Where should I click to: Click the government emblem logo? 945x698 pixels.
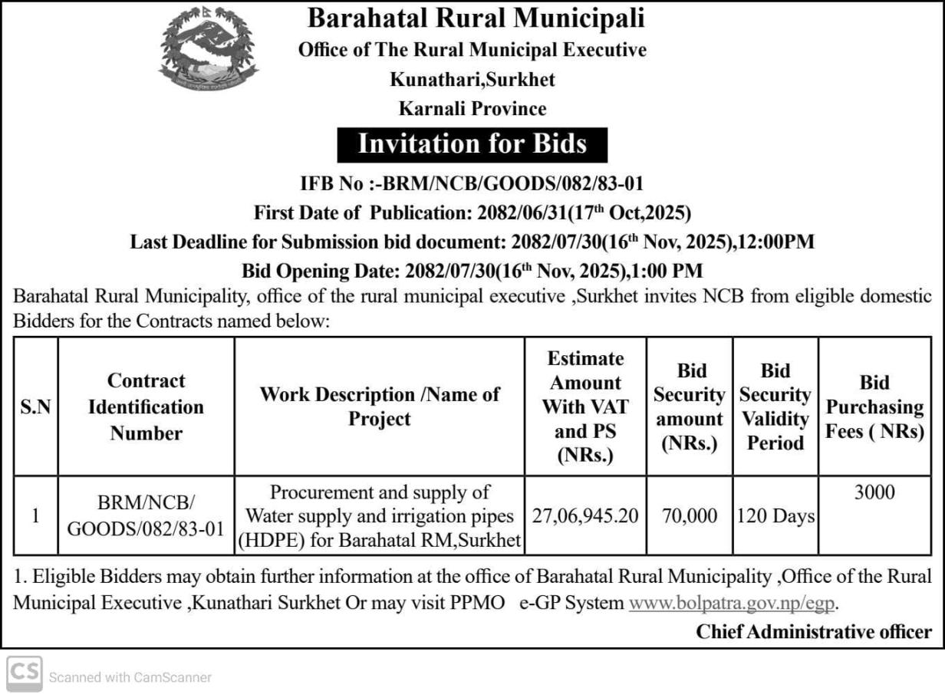208,50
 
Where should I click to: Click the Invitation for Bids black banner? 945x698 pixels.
472,144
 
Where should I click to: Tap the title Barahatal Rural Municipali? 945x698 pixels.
476,18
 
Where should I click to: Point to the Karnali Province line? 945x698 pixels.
472,108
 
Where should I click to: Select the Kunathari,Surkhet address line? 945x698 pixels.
472,79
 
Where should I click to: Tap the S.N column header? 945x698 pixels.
35,407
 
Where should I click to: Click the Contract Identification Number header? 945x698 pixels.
146,407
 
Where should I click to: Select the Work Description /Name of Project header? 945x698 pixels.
380,407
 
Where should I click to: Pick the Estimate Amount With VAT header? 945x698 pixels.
586,407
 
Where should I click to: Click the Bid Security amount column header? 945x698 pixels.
690,407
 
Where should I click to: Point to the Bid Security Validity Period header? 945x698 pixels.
775,407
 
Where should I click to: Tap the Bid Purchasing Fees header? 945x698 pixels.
874,407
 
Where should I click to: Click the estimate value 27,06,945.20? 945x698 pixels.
585,516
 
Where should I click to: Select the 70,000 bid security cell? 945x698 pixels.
690,516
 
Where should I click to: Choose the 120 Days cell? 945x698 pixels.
775,516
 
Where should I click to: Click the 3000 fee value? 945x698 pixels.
874,492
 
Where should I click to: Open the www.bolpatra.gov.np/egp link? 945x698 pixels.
732,602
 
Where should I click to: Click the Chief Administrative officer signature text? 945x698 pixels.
814,631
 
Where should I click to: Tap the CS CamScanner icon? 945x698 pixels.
25,673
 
